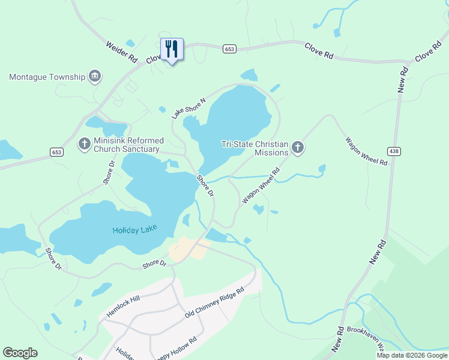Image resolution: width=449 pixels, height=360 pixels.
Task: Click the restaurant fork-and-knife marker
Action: coord(172,49)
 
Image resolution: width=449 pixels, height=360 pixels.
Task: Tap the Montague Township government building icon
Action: coord(94,76)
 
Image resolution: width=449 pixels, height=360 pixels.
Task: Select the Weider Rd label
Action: coord(121,52)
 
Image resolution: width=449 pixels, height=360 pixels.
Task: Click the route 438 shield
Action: coord(394,151)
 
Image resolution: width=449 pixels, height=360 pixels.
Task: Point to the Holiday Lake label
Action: coord(134,230)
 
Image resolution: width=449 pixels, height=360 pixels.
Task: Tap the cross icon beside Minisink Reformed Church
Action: coord(85,144)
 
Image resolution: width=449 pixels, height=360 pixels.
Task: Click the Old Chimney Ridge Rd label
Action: coord(214,303)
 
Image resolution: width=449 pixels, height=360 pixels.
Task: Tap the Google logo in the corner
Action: coord(20,353)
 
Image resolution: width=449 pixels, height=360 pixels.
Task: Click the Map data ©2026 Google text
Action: coord(412,355)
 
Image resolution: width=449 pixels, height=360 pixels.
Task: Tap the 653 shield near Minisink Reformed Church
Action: coord(57,152)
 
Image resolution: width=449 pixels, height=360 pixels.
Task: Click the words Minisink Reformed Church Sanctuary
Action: coord(127,145)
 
